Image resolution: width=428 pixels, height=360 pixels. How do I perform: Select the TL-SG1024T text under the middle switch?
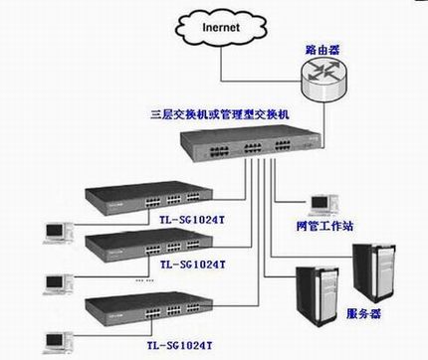point(193,266)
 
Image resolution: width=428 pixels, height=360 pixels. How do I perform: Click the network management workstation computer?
point(320,204)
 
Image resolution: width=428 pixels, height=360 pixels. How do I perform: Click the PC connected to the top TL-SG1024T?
point(54,231)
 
